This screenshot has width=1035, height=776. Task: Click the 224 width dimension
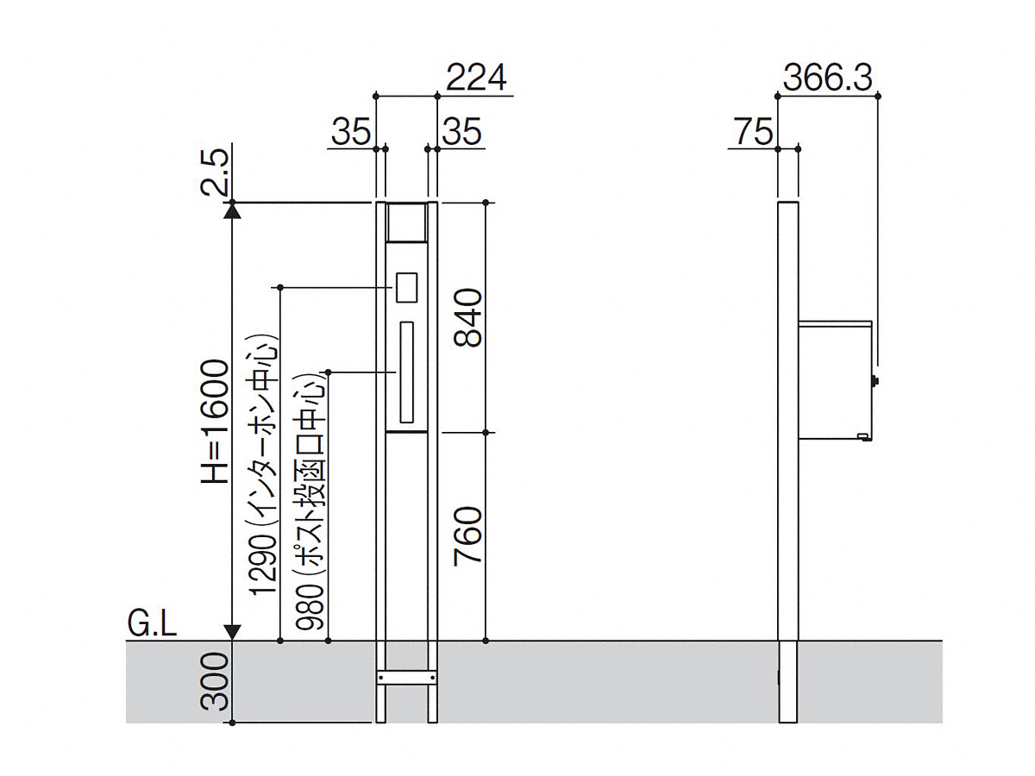coord(476,78)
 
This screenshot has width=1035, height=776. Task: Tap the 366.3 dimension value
coord(827,78)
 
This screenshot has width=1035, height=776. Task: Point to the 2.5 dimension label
coord(215,173)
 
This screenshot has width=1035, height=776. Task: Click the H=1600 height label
coord(215,421)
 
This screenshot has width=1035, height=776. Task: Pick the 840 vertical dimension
coord(468,318)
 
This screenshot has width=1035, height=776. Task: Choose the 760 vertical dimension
coord(468,535)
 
